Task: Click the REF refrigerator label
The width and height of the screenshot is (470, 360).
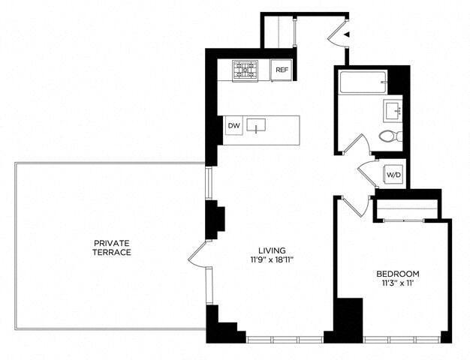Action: pyautogui.click(x=282, y=70)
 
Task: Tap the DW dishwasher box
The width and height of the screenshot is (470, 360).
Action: pyautogui.click(x=234, y=126)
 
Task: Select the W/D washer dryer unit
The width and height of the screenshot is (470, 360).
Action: pyautogui.click(x=393, y=175)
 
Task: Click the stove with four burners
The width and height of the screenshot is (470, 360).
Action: pyautogui.click(x=245, y=70)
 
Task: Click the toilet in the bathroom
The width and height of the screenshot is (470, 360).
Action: pyautogui.click(x=390, y=136)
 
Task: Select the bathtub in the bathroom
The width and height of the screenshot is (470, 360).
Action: pyautogui.click(x=362, y=82)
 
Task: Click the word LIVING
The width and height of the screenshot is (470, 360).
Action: pyautogui.click(x=272, y=250)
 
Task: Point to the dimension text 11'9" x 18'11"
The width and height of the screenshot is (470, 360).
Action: pyautogui.click(x=272, y=260)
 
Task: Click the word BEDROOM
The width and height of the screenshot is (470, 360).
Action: pyautogui.click(x=397, y=274)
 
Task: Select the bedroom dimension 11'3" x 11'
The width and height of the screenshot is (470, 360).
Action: pyautogui.click(x=397, y=283)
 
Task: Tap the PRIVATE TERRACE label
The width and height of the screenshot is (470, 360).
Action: pyautogui.click(x=113, y=247)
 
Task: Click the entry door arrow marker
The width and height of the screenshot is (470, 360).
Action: pyautogui.click(x=345, y=34)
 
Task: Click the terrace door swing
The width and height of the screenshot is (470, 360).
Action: pyautogui.click(x=197, y=254)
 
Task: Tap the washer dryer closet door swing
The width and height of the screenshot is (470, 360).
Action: pyautogui.click(x=369, y=172)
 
